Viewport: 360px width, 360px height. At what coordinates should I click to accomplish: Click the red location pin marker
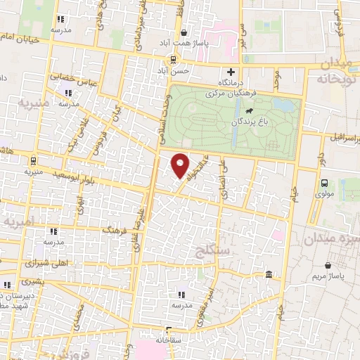tap(181, 165)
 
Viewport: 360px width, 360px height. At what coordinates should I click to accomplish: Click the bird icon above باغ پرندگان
tap(248, 110)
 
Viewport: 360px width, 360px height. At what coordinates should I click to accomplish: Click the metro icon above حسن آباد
tap(172, 59)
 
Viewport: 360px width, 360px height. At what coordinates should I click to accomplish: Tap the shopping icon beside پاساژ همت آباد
tap(184, 32)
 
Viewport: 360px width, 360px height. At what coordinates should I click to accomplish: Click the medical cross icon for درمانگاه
tap(231, 71)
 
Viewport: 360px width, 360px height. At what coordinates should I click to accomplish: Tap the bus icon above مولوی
tap(323, 183)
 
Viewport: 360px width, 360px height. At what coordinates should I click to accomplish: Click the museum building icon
tap(269, 274)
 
